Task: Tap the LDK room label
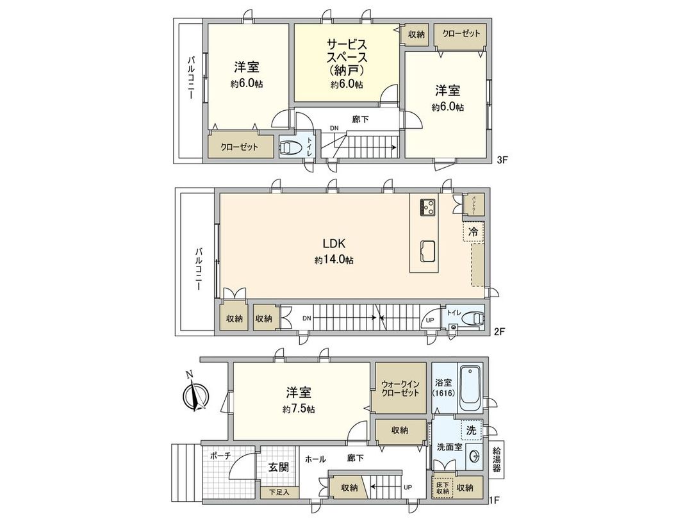[x=334, y=244]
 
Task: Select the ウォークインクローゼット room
[x=400, y=388]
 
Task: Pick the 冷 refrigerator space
[x=473, y=233]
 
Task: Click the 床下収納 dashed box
[x=442, y=488]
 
